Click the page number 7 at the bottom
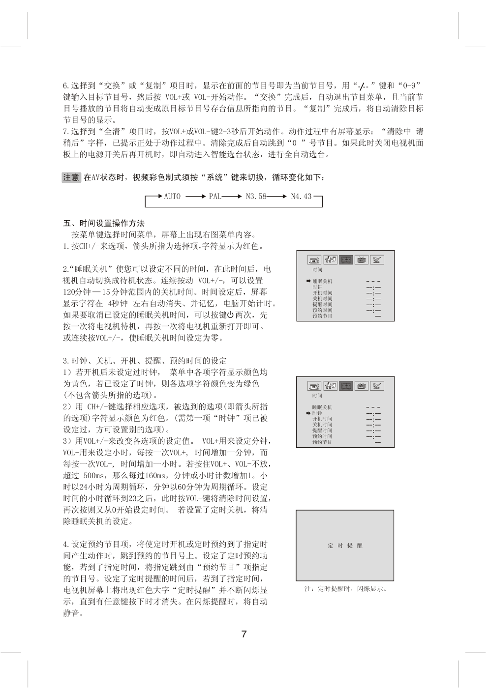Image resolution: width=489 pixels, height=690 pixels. (x=244, y=634)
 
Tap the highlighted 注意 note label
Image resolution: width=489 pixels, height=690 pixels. (x=71, y=177)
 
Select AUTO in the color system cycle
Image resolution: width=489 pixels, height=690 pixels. (x=172, y=196)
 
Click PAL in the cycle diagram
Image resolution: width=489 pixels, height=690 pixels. (x=215, y=196)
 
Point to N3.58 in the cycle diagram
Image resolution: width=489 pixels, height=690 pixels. (x=255, y=196)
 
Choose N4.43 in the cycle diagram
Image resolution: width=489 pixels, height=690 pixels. (x=301, y=196)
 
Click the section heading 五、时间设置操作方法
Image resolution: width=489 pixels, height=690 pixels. (x=104, y=223)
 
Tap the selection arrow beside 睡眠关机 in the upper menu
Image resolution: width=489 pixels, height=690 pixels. (x=307, y=281)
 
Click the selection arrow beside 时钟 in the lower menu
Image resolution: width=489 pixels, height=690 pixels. (x=307, y=413)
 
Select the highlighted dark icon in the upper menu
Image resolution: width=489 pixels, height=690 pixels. (x=346, y=260)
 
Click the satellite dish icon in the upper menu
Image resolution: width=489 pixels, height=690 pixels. (x=377, y=260)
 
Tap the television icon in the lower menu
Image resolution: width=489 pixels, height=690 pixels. (x=362, y=386)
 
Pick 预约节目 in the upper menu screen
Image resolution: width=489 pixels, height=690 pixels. (x=322, y=316)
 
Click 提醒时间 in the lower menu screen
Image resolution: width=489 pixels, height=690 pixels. (x=322, y=431)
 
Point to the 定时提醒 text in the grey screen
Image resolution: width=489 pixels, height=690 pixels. (x=345, y=546)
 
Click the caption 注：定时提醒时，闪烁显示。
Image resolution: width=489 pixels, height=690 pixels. (x=346, y=589)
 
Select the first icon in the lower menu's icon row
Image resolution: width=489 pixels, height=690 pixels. (x=314, y=386)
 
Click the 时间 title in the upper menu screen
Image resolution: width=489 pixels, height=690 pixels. (x=317, y=270)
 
